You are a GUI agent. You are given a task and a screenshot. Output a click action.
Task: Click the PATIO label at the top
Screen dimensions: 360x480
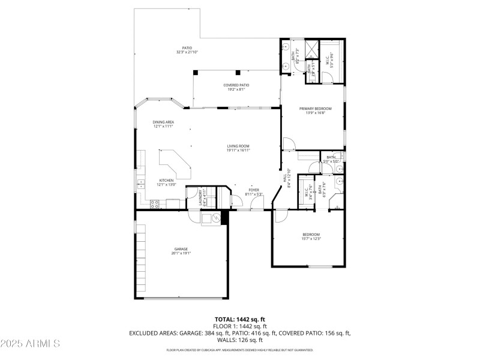point(187,50)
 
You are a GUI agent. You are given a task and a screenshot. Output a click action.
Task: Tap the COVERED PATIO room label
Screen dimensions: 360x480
point(236,87)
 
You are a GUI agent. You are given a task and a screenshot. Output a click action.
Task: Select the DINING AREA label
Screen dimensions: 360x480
point(163,124)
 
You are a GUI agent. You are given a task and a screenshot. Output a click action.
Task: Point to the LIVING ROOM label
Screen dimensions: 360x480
point(238,148)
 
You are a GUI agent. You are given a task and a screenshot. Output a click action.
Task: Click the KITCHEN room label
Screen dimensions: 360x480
point(166,182)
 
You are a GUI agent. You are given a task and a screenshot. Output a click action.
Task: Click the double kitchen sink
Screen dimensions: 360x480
point(140,184)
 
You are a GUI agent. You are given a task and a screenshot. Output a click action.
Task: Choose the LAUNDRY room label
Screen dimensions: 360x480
point(202,199)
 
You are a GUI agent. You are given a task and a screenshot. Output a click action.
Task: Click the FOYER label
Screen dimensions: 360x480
point(254,192)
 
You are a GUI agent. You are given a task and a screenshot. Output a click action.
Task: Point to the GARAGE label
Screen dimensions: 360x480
point(181,251)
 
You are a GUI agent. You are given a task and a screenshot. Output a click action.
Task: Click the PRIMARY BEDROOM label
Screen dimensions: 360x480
point(316,110)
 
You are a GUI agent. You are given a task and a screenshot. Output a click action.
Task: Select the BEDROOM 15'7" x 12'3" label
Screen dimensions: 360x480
point(311,236)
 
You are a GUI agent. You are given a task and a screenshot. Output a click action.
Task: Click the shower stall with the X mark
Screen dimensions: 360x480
point(311,49)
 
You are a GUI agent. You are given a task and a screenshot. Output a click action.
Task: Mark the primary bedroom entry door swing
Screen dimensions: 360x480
point(289,143)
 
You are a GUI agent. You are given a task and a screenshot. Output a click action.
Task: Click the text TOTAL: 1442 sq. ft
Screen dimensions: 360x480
point(239,319)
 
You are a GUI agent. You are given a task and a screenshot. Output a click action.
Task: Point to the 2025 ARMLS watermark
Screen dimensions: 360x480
point(30,344)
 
